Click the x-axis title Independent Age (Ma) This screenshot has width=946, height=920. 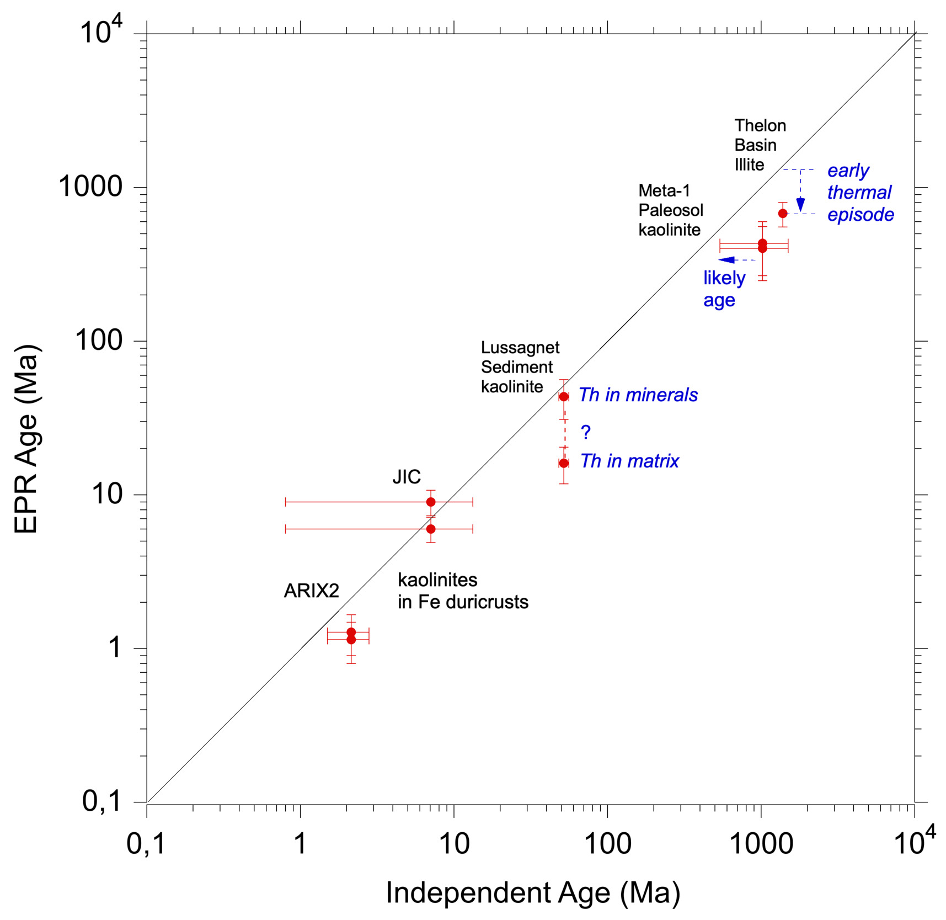(532, 892)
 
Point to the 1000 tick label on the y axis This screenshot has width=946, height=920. (90, 187)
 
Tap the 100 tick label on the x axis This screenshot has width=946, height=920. (607, 843)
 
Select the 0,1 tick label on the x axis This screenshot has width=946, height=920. (146, 843)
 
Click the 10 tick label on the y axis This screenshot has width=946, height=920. (106, 494)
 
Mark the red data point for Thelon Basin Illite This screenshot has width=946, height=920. (782, 213)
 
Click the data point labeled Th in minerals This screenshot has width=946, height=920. (564, 397)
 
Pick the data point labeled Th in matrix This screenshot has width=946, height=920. (564, 463)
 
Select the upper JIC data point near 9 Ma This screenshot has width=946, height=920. (431, 502)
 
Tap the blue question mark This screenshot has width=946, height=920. (586, 432)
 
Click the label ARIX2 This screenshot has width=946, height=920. (311, 591)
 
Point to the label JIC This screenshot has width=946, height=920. (407, 477)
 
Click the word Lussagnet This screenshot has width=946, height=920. (520, 348)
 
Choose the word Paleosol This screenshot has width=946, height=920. (671, 210)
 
